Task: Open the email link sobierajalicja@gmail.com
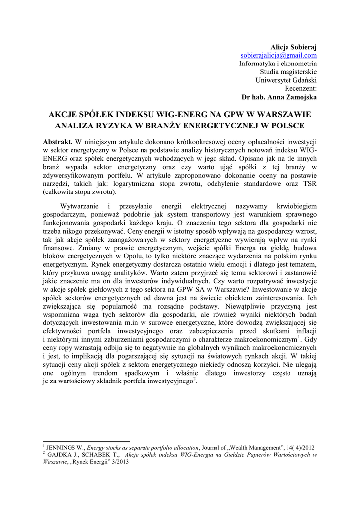point(279,55)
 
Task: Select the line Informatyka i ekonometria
point(278,63)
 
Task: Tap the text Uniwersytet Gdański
point(286,80)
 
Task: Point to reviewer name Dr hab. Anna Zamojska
point(279,97)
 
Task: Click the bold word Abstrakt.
point(58,142)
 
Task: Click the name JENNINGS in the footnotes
point(61,447)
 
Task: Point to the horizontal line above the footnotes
point(86,441)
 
